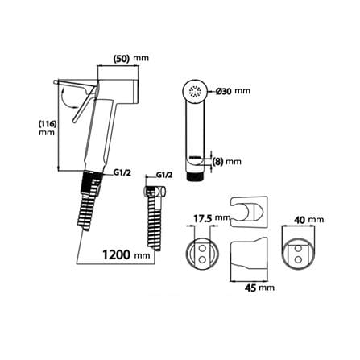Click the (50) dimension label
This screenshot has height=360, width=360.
point(122,58)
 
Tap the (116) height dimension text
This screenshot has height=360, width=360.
point(48,124)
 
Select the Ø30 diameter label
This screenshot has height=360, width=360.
point(224,91)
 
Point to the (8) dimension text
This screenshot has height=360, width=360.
point(217,162)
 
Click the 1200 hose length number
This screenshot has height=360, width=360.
point(116,254)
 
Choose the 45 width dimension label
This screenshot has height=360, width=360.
point(251,288)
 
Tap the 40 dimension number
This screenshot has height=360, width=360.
point(300,220)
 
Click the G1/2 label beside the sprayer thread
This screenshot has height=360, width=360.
point(122,172)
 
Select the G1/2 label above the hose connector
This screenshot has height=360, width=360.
point(163,176)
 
